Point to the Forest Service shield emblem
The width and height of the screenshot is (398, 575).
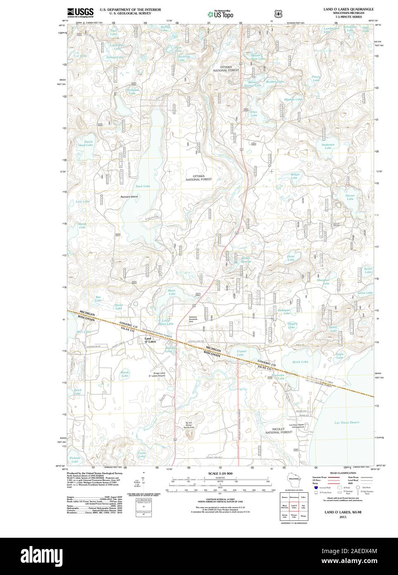click(278, 13)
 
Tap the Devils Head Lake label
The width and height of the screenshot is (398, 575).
click(88, 143)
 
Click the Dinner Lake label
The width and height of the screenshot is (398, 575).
click(350, 197)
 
